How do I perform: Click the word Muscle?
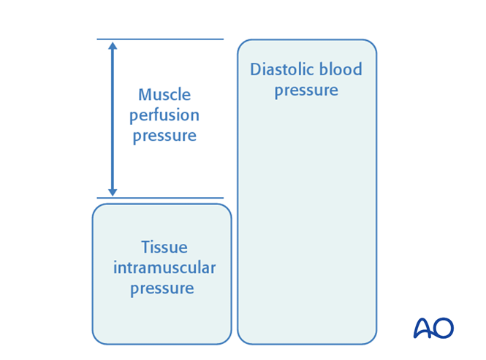(164, 95)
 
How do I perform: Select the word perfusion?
(164, 115)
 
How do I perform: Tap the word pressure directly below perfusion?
(164, 136)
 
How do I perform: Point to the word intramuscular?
(164, 268)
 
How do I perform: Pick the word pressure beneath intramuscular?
(162, 288)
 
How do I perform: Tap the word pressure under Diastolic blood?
(306, 91)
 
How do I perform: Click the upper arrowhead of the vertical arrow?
(113, 46)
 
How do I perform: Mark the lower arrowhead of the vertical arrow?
(113, 192)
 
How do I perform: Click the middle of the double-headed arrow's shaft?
(113, 119)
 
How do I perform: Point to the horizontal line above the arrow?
(160, 39)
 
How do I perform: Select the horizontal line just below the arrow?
(160, 198)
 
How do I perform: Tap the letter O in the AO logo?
(443, 328)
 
